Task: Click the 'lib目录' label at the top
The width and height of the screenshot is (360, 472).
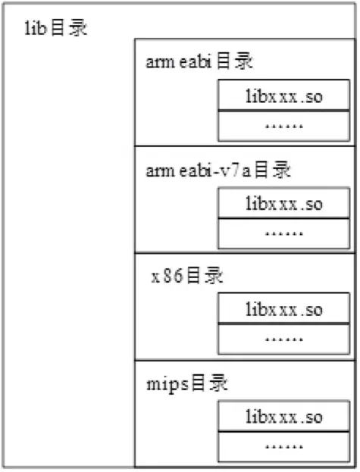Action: pos(58,30)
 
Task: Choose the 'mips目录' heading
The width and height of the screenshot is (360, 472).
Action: pos(186,384)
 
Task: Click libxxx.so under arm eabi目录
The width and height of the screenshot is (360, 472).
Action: pos(285,97)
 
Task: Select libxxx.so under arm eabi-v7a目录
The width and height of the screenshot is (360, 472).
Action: pos(285,204)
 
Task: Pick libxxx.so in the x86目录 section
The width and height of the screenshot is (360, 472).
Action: pos(285,310)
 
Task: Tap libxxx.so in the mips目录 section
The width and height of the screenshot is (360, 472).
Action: pos(285,417)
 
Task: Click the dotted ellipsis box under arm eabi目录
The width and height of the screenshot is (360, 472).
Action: pos(285,125)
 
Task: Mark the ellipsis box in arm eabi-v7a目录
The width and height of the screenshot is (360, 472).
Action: pos(285,232)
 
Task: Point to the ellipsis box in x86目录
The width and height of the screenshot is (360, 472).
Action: pos(285,338)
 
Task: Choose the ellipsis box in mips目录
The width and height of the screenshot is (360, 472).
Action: pos(285,445)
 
